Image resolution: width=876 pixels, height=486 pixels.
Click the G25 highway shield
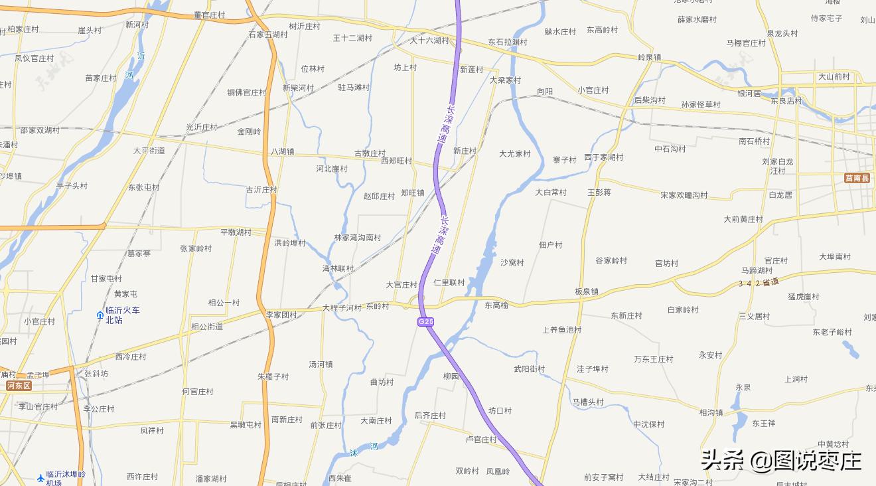point(426,322)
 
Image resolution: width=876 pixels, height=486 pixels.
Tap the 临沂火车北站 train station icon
point(100,315)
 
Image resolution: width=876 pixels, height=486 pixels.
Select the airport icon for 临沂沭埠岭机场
point(41,477)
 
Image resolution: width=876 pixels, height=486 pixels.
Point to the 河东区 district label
point(19,386)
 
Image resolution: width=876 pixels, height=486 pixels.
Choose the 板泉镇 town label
point(587,291)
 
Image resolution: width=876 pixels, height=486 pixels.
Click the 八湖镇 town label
point(282,151)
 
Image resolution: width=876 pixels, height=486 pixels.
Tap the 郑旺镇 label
point(412,193)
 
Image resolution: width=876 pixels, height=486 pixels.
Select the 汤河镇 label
point(321,364)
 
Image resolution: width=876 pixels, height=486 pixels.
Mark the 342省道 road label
point(759,283)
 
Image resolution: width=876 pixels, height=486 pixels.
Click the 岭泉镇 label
point(649,58)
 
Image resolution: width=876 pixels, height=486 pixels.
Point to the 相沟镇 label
point(711,412)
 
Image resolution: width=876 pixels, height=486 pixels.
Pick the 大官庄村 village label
point(402,285)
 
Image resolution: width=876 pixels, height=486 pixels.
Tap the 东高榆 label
point(496,305)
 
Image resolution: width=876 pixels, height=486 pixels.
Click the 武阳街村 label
point(529,369)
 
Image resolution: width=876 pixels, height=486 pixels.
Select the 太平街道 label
point(149,151)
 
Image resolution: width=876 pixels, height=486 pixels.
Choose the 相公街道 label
point(207,327)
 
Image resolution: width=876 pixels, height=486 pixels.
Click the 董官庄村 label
point(210,15)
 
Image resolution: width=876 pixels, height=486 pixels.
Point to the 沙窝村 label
point(512,262)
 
